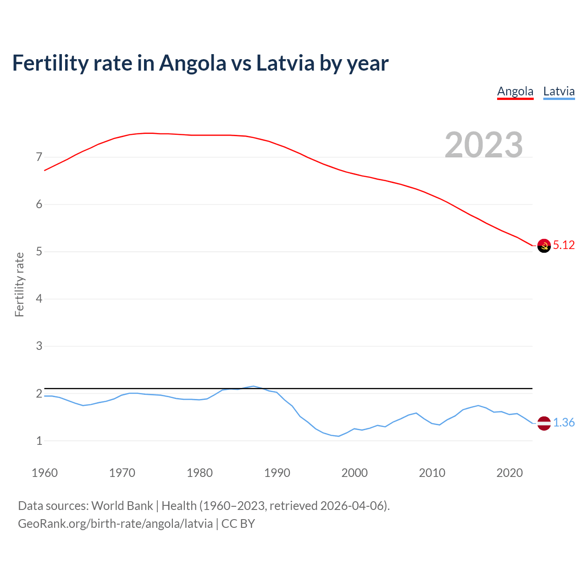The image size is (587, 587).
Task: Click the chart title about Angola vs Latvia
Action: pos(200,63)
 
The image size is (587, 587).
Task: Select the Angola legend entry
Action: pos(515,91)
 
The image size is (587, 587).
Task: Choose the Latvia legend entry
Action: pos(559,91)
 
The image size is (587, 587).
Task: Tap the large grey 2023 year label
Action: pos(484,145)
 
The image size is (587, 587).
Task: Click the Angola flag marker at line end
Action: pos(544,246)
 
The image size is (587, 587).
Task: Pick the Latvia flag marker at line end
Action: pos(544,423)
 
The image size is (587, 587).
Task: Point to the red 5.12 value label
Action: pos(564,245)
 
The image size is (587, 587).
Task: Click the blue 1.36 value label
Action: pos(564,423)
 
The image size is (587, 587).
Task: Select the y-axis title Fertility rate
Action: pos(19,284)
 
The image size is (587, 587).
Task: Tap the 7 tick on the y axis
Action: pos(39,157)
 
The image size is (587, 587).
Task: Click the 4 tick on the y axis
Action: pos(39,299)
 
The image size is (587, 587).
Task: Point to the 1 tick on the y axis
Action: pos(39,441)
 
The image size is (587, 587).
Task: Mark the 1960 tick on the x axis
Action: pos(44,473)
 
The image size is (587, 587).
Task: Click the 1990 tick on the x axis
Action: pos(277,473)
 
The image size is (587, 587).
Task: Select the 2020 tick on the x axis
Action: pos(509,473)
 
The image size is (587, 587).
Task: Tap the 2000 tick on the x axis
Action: pos(354,473)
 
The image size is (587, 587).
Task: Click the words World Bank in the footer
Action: pos(122,506)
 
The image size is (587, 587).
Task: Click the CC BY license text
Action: pos(238,524)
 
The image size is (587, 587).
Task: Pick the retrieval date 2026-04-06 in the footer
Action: pos(353,506)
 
